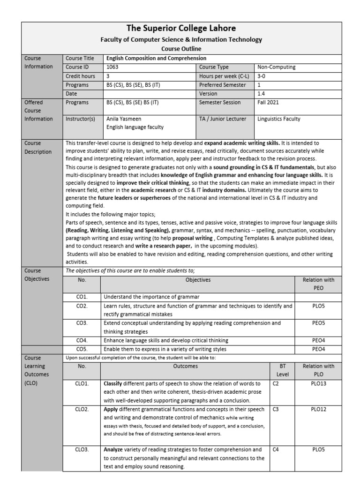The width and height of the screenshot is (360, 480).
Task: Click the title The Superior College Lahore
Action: pos(181,28)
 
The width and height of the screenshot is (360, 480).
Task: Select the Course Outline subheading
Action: pos(181,48)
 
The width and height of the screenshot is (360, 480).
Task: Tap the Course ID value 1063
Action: pos(113,67)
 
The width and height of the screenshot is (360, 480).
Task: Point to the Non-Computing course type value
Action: pos(277,67)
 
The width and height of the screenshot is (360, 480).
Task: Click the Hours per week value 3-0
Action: pos(262,76)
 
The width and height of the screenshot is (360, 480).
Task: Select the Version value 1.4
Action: pos(261,94)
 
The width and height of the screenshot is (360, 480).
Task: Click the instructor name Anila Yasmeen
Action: pos(124,119)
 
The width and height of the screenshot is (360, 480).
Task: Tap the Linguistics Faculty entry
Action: pos(279,119)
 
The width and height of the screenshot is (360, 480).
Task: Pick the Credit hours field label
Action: pos(80,76)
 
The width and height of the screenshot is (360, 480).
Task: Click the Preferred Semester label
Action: pos(222,85)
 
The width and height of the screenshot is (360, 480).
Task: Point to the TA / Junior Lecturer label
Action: pos(222,119)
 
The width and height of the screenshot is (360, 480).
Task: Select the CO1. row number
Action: pos(82,297)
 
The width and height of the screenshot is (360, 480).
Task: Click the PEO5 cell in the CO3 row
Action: pos(318,323)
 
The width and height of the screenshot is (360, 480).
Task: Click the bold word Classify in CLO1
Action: pos(113,383)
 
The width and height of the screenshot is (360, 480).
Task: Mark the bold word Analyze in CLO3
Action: pos(114,449)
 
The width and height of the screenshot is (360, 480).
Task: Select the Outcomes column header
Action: pos(186,366)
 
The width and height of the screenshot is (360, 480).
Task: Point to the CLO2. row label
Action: pos(82,409)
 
